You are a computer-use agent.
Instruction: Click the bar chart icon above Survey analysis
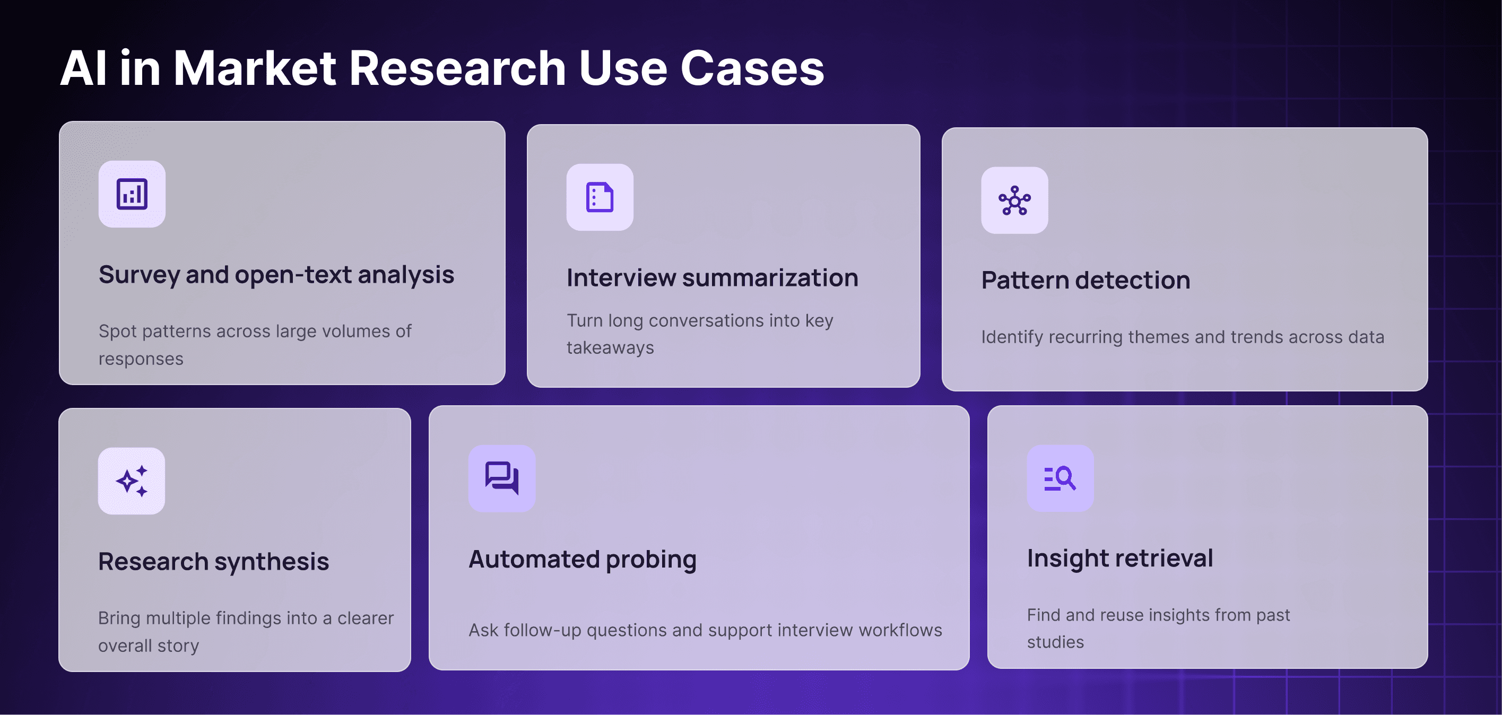132,194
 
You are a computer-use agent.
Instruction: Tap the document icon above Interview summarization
600,197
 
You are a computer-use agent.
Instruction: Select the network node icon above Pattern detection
1014,200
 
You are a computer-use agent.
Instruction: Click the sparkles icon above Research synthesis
132,481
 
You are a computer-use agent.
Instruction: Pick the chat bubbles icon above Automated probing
501,478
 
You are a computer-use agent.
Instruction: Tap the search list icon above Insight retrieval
1060,478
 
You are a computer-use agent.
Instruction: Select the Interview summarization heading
712,278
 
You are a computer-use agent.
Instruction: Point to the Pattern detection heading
1085,280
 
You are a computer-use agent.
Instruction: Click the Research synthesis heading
213,562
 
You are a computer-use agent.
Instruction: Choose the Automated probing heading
583,560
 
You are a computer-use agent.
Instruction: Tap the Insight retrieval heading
1119,558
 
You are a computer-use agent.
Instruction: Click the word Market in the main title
255,68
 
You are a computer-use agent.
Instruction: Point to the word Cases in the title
752,68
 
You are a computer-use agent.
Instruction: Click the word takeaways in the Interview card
610,348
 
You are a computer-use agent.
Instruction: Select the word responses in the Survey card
141,359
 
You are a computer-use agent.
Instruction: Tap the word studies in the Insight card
1055,642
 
